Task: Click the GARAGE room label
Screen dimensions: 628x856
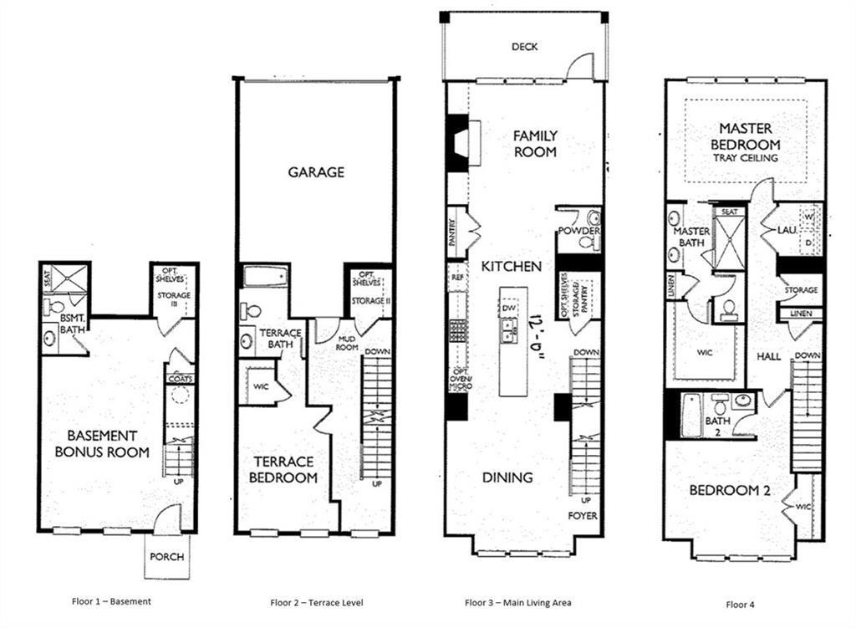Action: [x=316, y=172]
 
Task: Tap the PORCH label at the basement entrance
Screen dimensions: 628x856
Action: [x=166, y=557]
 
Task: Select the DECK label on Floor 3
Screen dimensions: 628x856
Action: [x=524, y=48]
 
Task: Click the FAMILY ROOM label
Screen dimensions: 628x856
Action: [x=535, y=143]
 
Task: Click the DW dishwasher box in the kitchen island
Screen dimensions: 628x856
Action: [x=510, y=309]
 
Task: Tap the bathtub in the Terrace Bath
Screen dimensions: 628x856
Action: [x=265, y=276]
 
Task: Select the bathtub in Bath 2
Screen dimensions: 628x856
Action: [x=691, y=415]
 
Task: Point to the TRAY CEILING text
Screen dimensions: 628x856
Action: [x=746, y=158]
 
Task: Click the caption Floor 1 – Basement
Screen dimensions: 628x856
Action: [x=110, y=600]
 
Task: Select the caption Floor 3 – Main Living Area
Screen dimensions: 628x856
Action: [x=518, y=601]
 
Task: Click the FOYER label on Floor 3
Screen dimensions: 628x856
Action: [x=583, y=516]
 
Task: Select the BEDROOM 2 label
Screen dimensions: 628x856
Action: [x=729, y=491]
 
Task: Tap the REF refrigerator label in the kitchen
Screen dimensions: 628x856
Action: [x=456, y=276]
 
